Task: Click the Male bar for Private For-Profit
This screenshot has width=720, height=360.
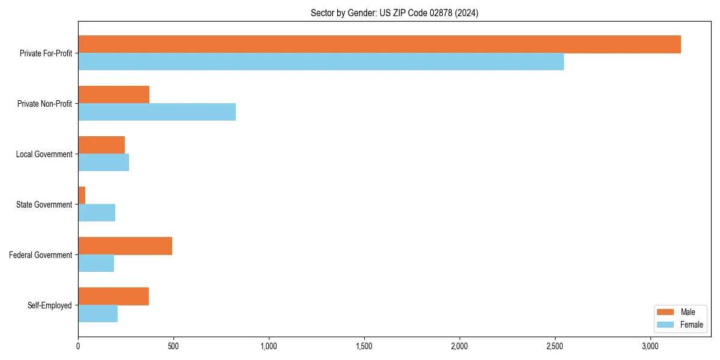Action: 379,44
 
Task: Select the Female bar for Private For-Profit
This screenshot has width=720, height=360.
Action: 321,62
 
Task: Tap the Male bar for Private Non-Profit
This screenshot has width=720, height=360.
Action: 113,95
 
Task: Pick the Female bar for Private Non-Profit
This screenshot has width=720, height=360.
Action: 157,112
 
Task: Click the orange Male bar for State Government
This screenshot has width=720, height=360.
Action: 82,196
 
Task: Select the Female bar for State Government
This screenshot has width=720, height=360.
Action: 97,213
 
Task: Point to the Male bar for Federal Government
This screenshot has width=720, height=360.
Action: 125,246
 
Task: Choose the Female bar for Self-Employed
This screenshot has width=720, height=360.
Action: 98,314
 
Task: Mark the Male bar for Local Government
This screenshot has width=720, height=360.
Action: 101,145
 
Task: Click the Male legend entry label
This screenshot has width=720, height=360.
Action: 688,312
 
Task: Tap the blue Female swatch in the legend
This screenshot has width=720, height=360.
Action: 665,325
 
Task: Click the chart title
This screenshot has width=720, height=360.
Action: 394,13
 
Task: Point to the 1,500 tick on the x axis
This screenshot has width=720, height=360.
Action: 364,346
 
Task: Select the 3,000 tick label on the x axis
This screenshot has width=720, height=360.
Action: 650,346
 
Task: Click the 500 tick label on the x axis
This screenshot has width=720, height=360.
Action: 173,346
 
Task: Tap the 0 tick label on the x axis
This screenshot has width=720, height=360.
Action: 78,346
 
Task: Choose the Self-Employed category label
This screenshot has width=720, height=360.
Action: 50,305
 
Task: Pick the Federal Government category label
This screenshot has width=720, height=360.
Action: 41,255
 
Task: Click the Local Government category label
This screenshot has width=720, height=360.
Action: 44,154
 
